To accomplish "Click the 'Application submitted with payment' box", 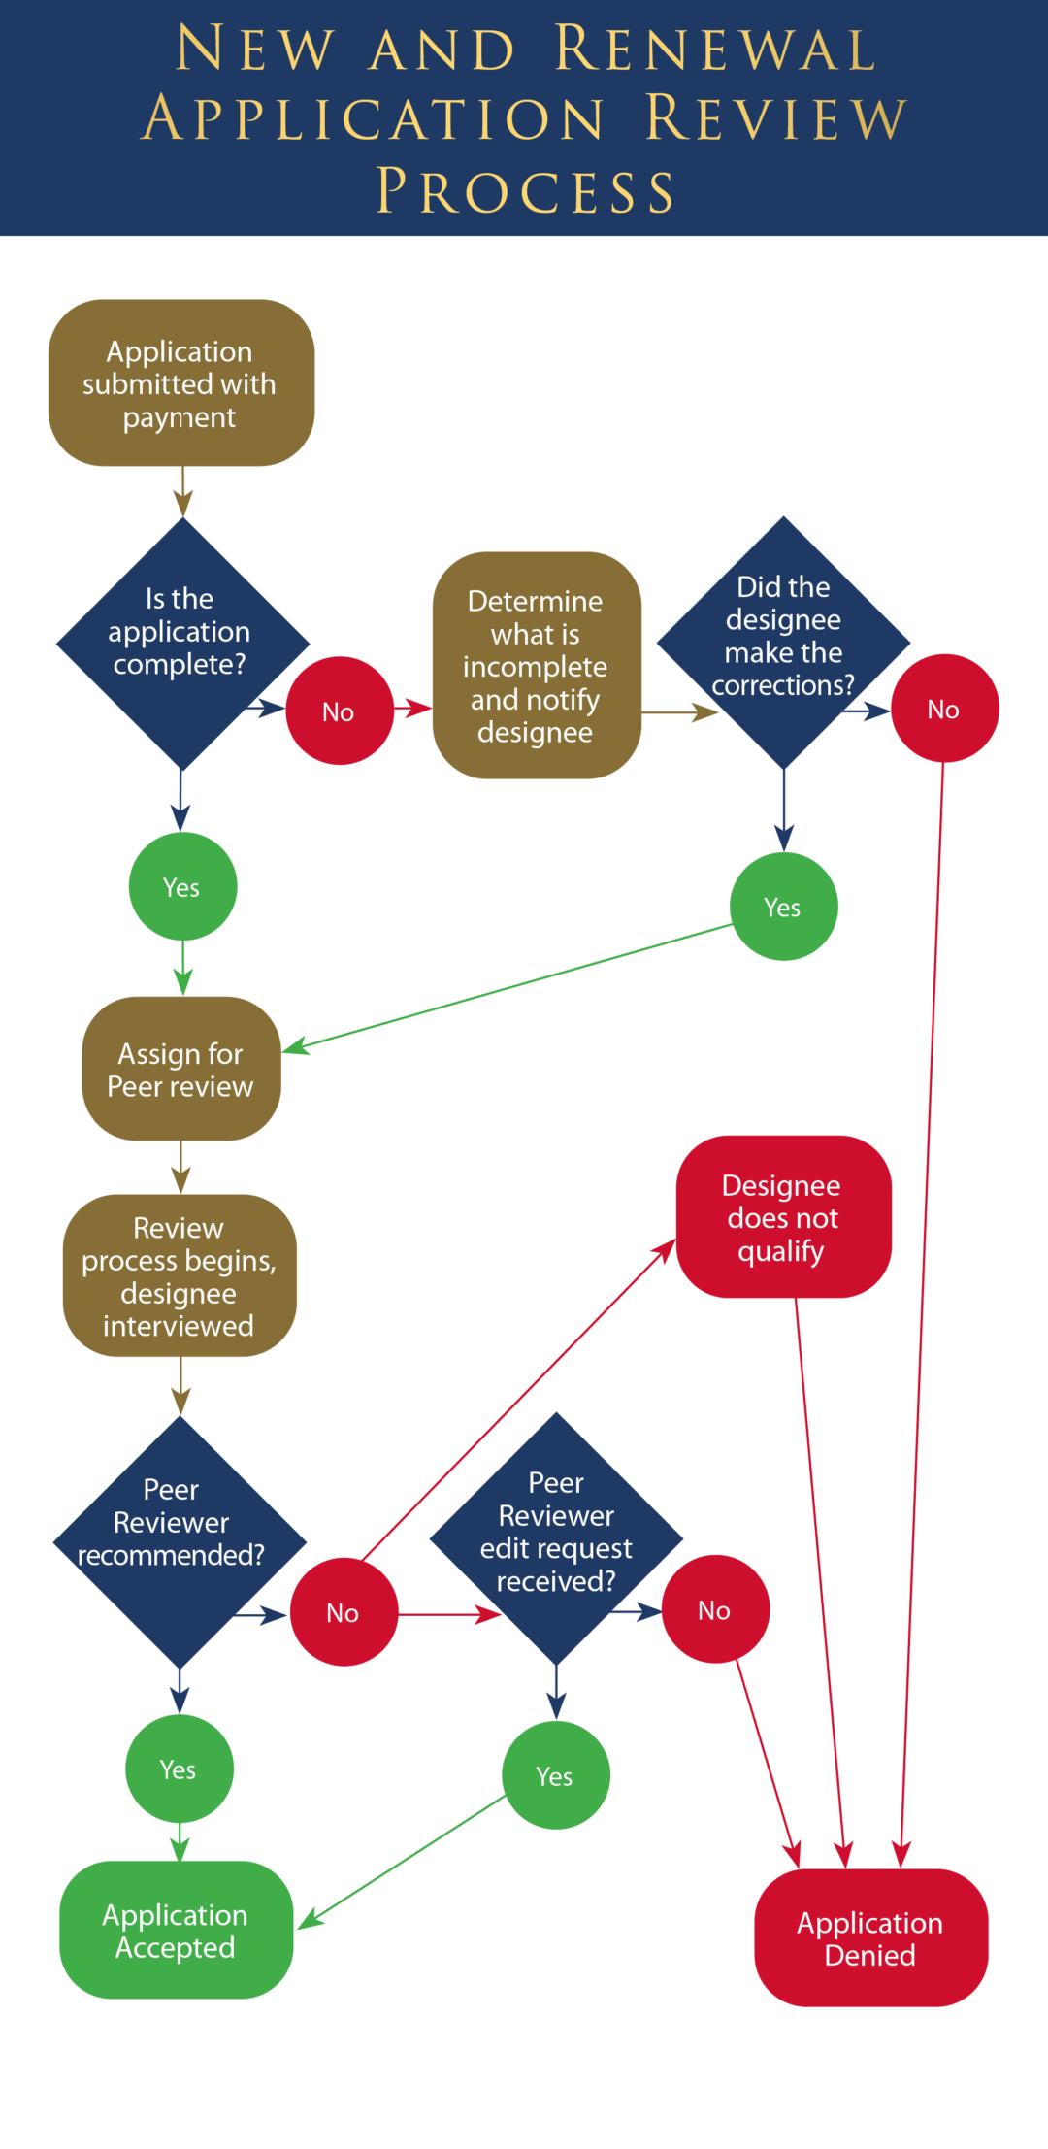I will pos(181,383).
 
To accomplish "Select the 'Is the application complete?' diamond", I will pos(182,643).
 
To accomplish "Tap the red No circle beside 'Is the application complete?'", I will pos(340,711).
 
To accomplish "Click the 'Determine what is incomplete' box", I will pos(537,666).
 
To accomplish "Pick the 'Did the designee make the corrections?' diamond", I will pos(783,643).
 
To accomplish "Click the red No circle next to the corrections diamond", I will pos(944,709).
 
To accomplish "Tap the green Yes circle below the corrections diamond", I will pos(783,907).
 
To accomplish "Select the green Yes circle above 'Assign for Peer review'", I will pos(182,886).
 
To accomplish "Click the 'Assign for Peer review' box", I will pos(181,1069).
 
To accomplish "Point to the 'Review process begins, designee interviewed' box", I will pos(180,1275).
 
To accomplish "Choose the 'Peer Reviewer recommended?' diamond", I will pos(180,1541).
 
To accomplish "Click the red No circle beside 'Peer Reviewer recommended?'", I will pos(344,1612).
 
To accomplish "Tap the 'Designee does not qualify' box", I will pos(783,1217).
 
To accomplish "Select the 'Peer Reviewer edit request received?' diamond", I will pos(556,1538).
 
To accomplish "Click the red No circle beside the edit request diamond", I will pos(715,1609).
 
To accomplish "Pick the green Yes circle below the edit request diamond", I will pos(555,1775).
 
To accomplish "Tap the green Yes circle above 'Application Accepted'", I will pos(179,1769).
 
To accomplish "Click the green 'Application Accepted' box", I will pos(176,1930).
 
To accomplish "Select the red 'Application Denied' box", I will pos(870,1937).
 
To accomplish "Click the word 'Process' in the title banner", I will pos(525,191).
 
